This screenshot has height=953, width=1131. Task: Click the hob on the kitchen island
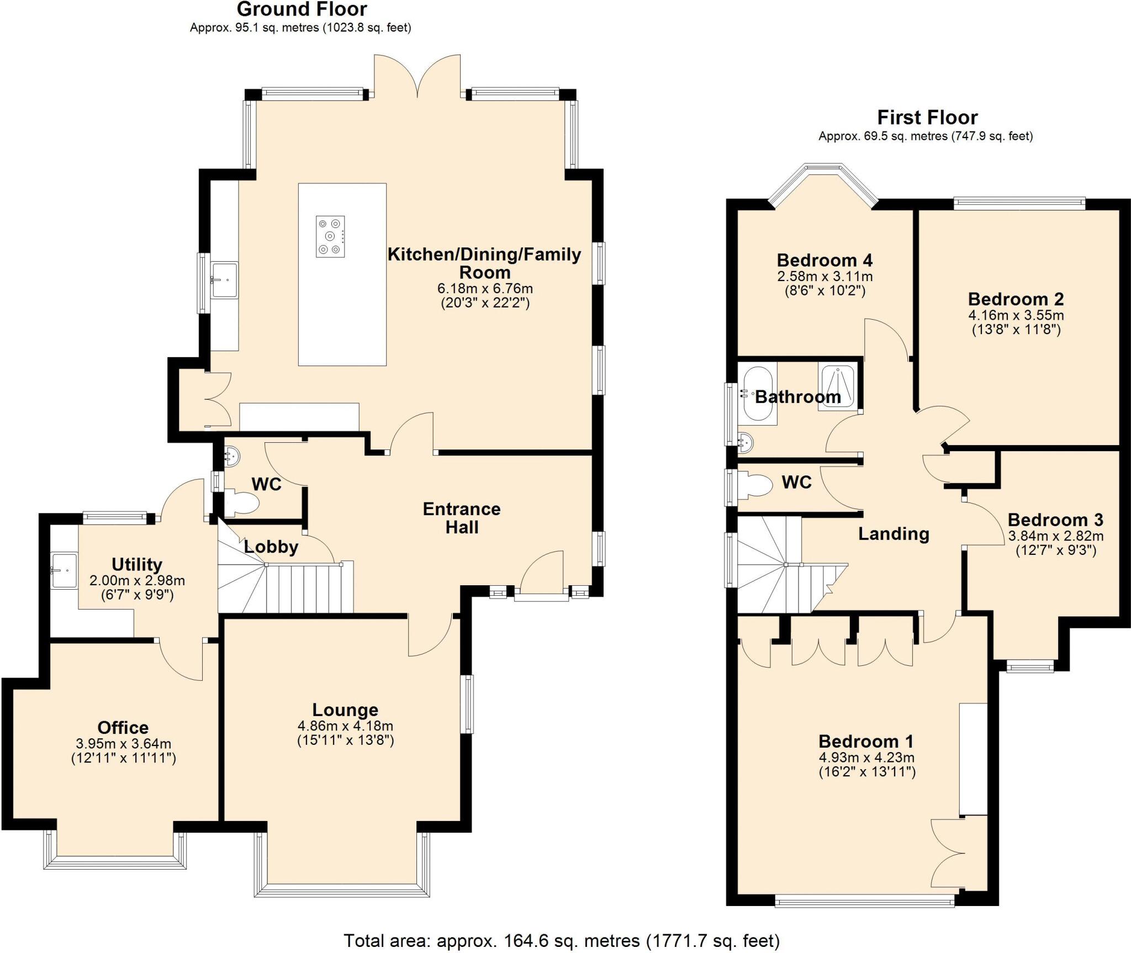(x=330, y=236)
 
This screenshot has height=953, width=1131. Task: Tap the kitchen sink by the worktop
(x=225, y=280)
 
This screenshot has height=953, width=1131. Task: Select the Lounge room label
(x=345, y=710)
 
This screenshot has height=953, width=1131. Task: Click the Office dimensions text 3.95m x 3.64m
(x=123, y=744)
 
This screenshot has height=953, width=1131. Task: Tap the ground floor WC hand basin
(x=232, y=456)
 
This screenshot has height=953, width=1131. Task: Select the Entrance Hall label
(x=462, y=518)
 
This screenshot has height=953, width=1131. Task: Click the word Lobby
(x=271, y=547)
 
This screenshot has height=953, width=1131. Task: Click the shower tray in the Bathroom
(x=838, y=387)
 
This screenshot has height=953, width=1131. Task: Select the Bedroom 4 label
(x=824, y=260)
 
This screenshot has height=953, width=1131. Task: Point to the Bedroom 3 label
(x=1055, y=520)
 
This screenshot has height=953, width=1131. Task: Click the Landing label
(x=894, y=533)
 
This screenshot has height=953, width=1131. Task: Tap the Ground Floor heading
(x=302, y=9)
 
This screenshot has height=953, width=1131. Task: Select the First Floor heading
(x=927, y=118)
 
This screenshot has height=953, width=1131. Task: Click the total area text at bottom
(x=561, y=940)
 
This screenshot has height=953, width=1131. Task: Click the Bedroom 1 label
(x=865, y=741)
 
